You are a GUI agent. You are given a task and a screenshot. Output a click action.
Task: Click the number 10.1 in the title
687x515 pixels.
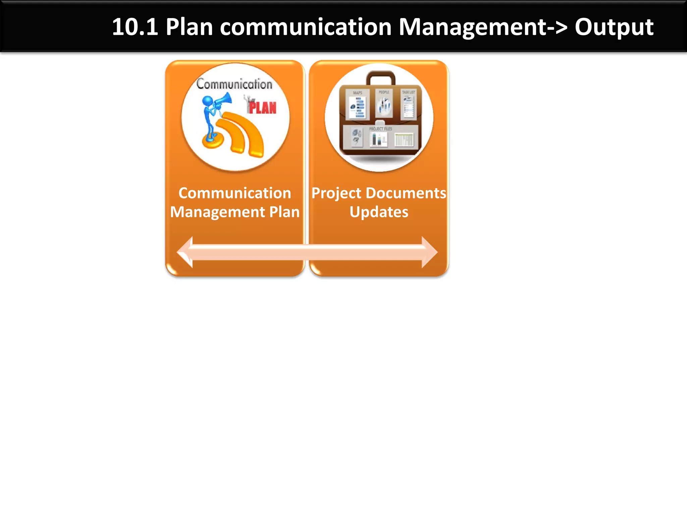[135, 27]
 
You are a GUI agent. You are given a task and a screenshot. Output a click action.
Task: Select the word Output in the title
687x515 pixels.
[614, 27]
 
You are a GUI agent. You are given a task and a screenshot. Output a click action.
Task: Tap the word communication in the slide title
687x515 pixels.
[306, 27]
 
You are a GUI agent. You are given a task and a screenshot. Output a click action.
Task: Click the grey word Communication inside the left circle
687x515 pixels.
[234, 84]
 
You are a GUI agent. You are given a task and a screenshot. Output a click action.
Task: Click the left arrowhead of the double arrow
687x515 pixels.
[185, 252]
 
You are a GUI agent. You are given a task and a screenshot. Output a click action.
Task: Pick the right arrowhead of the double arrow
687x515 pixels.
[429, 252]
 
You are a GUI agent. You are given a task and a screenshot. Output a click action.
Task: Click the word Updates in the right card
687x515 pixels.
[379, 212]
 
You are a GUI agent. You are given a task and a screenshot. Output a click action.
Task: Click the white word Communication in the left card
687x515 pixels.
[234, 193]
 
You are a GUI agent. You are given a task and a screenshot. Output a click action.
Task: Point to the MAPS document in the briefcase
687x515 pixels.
[358, 105]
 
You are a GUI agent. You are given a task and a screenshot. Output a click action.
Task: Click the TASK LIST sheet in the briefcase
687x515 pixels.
[408, 105]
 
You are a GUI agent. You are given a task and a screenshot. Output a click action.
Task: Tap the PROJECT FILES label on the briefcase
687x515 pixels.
[380, 129]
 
